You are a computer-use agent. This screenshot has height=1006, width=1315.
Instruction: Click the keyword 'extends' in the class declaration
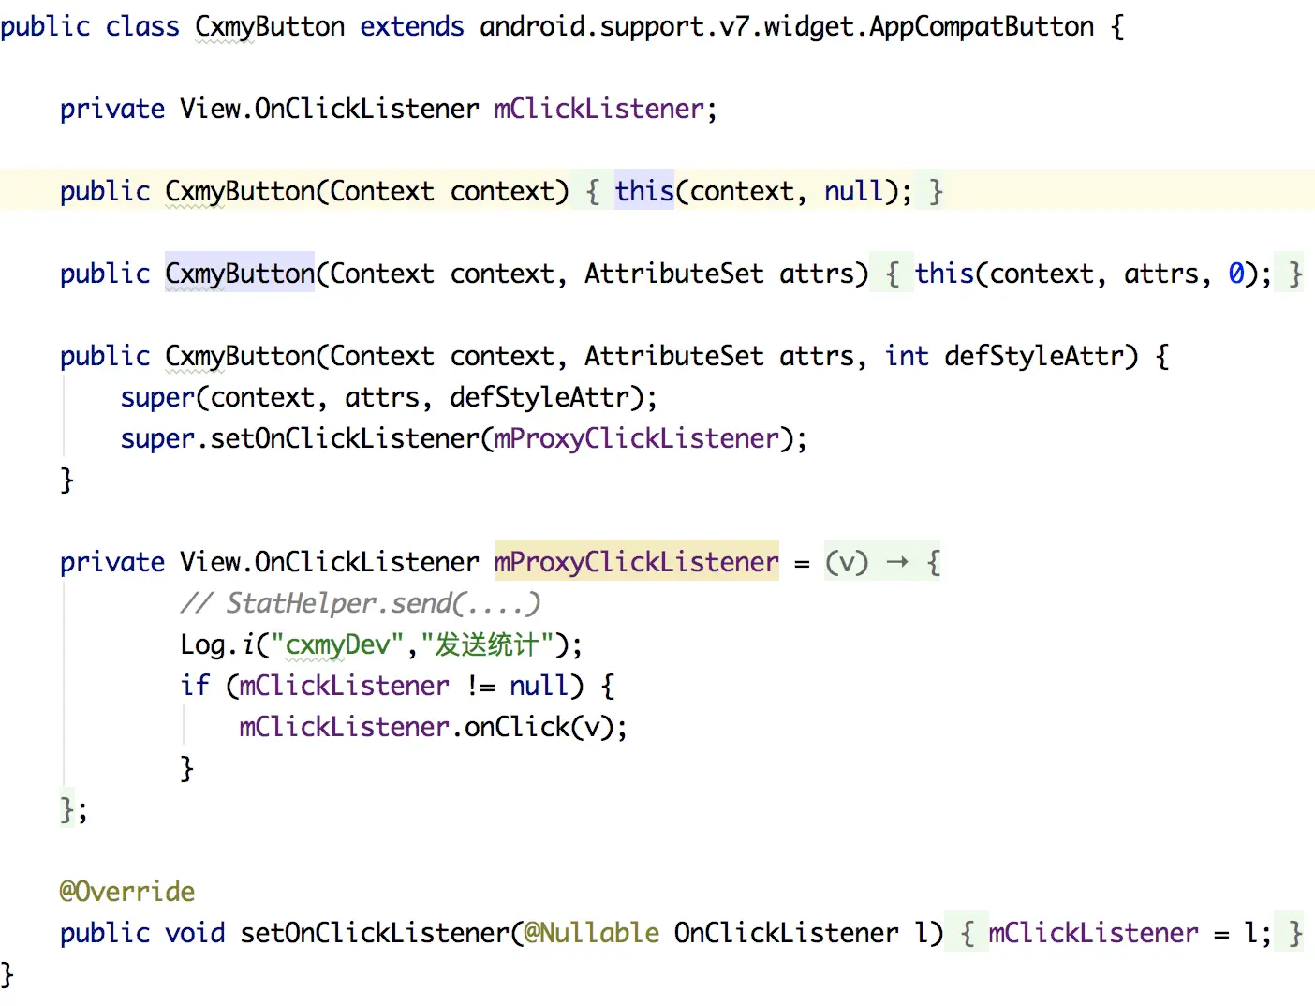(411, 26)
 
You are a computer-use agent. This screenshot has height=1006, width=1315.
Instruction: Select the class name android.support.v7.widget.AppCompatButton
(786, 26)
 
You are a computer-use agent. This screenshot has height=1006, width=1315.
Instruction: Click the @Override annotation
(127, 891)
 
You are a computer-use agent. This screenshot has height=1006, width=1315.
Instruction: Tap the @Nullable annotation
(591, 932)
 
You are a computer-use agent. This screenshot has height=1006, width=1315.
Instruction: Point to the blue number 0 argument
(1236, 274)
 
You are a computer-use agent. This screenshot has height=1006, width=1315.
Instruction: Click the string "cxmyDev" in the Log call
(337, 644)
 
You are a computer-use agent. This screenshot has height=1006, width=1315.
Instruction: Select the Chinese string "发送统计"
(487, 644)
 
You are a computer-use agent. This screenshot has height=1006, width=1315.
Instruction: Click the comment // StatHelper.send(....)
(361, 603)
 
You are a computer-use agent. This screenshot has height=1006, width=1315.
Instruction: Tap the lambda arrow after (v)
(897, 562)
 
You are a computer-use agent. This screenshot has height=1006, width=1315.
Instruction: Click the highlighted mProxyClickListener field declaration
(636, 562)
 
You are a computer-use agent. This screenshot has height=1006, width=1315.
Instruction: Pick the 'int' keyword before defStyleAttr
(906, 356)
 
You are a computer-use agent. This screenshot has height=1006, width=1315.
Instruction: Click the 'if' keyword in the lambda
(195, 686)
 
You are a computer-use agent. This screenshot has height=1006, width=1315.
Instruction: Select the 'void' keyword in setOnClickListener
(195, 932)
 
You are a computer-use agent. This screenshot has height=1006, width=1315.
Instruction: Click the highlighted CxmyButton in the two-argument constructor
(240, 274)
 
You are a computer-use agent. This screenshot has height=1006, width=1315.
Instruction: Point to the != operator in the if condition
(480, 686)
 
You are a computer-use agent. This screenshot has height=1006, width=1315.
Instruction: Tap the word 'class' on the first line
(141, 26)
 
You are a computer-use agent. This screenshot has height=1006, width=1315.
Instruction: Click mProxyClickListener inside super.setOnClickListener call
(636, 438)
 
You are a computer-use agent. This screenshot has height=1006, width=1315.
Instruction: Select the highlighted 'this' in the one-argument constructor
(643, 191)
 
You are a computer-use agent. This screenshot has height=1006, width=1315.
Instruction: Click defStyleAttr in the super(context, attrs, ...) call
(539, 397)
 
